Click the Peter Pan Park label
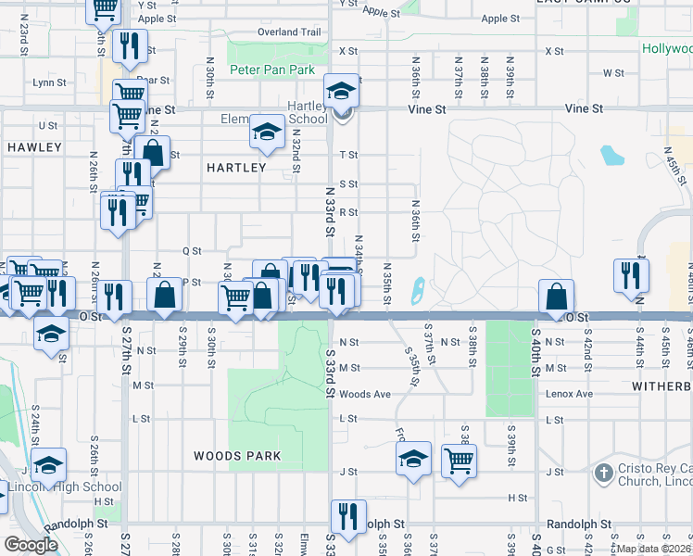pyautogui.click(x=273, y=69)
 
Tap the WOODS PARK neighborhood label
pyautogui.click(x=237, y=456)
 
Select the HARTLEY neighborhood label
pyautogui.click(x=236, y=168)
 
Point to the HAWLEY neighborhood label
pyautogui.click(x=34, y=147)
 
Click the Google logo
pyautogui.click(x=31, y=545)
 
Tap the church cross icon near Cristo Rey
pyautogui.click(x=603, y=474)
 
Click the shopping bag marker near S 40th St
pyautogui.click(x=556, y=297)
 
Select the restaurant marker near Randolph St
pyautogui.click(x=347, y=517)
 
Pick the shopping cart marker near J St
pyautogui.click(x=459, y=461)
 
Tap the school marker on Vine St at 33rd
pyautogui.click(x=341, y=91)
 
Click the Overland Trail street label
pyautogui.click(x=290, y=32)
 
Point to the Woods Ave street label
pyautogui.click(x=364, y=394)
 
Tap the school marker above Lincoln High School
pyautogui.click(x=48, y=465)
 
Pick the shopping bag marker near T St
pyautogui.click(x=154, y=153)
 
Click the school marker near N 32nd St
pyautogui.click(x=266, y=133)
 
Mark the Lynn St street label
pyautogui.click(x=50, y=82)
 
